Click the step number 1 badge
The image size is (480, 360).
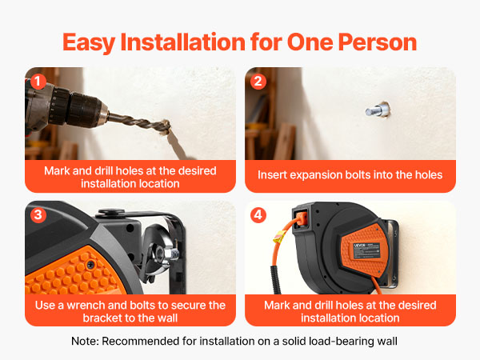pos(38,82)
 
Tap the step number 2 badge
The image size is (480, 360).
pos(258,82)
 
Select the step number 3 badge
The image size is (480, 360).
pos(38,215)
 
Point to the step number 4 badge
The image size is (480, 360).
pos(258,215)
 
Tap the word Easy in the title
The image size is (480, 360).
pos(89,43)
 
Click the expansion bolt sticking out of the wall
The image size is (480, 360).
pos(378,110)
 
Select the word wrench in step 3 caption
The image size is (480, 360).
pos(86,306)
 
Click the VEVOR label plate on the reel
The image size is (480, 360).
pos(367,250)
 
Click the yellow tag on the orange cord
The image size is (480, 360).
pos(279,237)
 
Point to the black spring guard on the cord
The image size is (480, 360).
pos(275,279)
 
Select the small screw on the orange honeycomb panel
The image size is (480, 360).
pos(90,265)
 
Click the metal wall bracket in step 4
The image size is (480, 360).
pos(392,254)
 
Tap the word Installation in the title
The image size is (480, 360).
pos(182,42)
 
